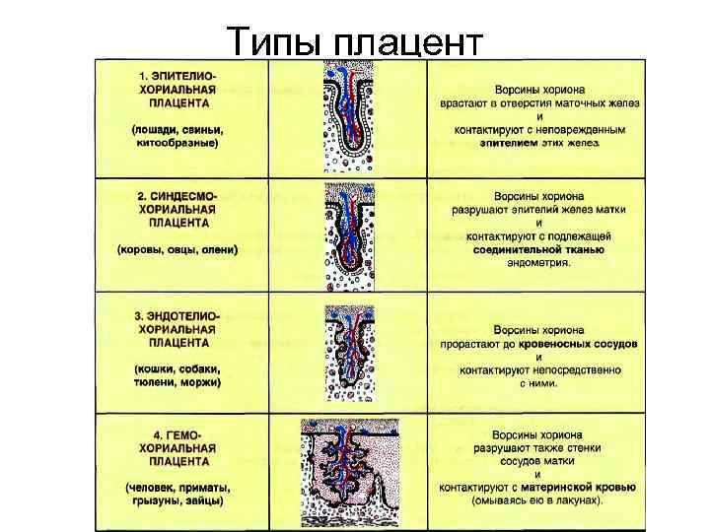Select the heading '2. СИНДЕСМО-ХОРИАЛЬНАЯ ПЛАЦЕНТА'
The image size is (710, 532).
click(178, 210)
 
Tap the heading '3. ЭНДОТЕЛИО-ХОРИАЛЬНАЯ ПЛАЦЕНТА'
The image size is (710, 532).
click(178, 329)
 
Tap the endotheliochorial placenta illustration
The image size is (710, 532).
click(347, 353)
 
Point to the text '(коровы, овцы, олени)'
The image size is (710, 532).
click(178, 249)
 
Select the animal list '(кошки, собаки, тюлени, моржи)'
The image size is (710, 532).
click(178, 374)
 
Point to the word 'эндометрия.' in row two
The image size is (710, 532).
click(538, 263)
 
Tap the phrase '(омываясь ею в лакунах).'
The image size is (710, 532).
click(538, 499)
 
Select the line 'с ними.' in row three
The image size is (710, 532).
click(538, 382)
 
